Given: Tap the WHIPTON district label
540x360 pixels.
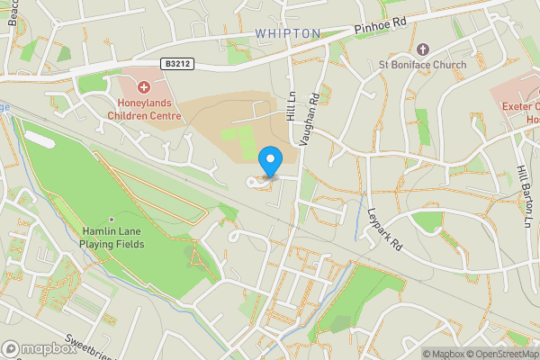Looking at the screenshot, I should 287,33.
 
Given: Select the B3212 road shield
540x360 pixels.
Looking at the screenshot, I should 179,64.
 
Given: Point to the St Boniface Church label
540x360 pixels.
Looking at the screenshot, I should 422,65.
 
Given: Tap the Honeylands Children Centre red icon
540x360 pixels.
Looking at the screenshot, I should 144,87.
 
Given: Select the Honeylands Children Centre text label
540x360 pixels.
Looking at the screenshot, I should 144,109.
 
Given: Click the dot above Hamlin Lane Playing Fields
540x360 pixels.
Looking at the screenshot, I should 112,219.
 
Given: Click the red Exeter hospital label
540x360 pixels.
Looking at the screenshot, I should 518,112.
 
